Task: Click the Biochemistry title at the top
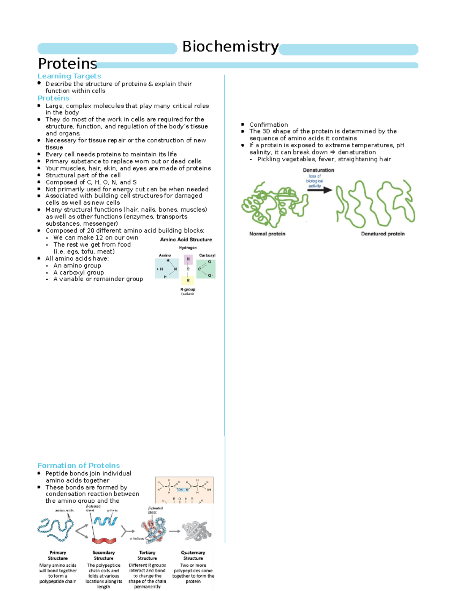click(230, 47)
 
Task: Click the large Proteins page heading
click(67, 64)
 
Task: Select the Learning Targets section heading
click(69, 76)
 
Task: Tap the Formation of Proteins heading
click(79, 465)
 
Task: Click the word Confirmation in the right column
click(268, 124)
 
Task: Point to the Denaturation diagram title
click(318, 170)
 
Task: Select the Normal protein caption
click(267, 234)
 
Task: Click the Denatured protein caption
click(383, 234)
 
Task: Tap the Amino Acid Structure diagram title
click(186, 239)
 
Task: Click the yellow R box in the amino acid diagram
click(188, 280)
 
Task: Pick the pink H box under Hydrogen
click(188, 260)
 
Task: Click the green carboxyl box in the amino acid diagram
click(206, 269)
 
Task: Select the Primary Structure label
click(58, 555)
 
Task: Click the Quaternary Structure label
click(193, 555)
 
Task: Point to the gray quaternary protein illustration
click(196, 531)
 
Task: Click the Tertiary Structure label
click(147, 555)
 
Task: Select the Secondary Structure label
click(104, 555)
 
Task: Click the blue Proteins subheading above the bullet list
click(53, 98)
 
